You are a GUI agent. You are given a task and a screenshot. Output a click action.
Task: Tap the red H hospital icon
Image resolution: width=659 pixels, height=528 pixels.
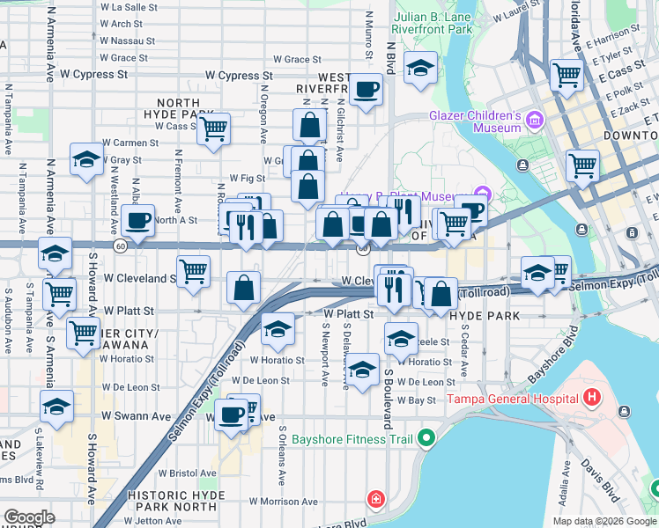(x=591, y=399)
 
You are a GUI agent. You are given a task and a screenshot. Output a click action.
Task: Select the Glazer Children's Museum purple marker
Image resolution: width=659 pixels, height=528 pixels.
(x=534, y=120)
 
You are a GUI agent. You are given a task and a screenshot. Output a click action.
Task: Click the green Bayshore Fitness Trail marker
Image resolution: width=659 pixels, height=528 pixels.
(x=427, y=437)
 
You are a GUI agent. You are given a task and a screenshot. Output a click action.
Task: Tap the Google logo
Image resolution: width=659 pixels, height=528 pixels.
(x=29, y=517)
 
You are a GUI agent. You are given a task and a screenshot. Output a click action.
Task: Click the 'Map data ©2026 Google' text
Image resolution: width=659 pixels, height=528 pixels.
(x=603, y=521)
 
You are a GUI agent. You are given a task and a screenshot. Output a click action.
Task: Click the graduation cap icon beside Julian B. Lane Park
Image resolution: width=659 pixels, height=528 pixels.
(x=420, y=66)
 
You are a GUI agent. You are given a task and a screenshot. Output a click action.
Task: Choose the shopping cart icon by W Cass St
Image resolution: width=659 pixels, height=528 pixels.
(x=213, y=128)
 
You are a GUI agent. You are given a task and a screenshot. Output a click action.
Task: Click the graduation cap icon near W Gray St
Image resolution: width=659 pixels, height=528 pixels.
(x=86, y=159)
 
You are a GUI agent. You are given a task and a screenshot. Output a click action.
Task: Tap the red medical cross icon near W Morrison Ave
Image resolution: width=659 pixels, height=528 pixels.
(x=377, y=500)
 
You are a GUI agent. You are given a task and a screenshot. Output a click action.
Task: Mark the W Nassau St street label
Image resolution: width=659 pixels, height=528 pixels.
(x=128, y=40)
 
